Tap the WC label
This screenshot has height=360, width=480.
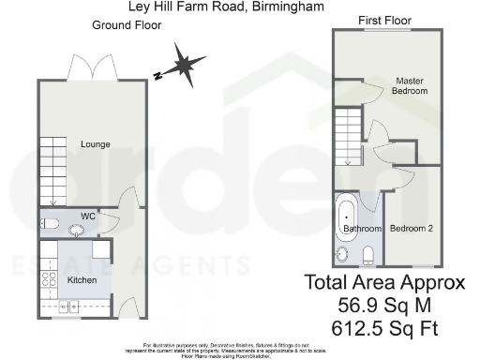tap(87, 216)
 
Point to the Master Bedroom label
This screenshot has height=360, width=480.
tap(411, 86)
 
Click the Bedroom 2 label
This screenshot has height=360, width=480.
tap(410, 229)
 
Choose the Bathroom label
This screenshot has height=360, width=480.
tap(361, 229)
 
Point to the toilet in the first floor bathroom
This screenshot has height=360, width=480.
tap(369, 255)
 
